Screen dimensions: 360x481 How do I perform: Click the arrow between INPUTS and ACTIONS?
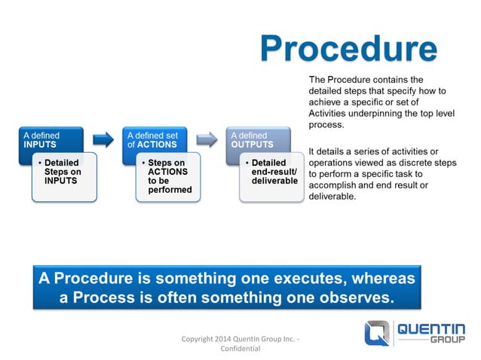coord(102,139)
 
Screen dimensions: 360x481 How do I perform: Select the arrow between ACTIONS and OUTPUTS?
coord(206,139)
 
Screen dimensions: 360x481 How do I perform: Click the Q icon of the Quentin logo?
coord(378,332)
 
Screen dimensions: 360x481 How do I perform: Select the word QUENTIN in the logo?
coord(430,328)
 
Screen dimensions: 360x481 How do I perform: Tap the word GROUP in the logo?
coord(448,340)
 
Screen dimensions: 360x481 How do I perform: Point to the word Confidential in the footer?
coord(240,349)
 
